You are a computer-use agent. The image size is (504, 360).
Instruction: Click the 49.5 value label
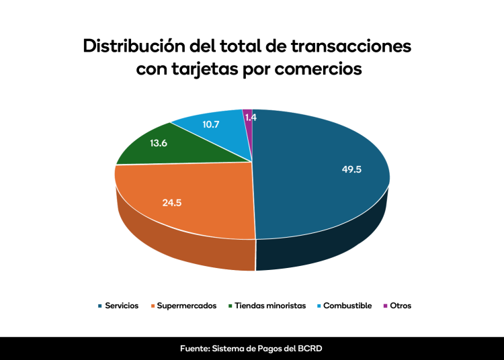351,169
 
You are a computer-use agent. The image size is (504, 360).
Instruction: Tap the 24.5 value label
172,201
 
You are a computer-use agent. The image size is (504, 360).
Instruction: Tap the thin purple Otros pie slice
248,128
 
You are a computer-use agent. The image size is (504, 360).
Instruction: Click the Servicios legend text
122,306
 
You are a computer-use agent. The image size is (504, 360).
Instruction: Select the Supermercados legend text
187,306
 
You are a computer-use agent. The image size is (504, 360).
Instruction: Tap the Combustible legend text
347,306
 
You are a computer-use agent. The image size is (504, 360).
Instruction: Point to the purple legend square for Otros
385,306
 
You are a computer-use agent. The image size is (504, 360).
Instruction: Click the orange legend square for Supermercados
153,306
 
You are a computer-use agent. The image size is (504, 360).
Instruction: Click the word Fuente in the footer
194,349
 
